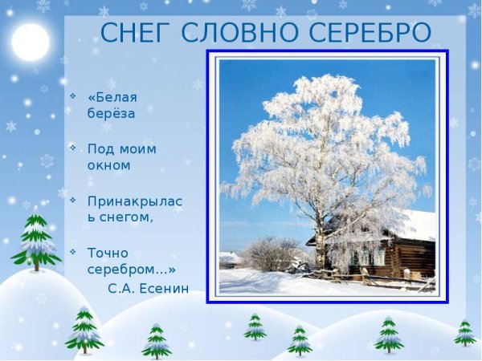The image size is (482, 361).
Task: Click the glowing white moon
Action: tap(31, 42)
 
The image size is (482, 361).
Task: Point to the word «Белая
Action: tap(112, 97)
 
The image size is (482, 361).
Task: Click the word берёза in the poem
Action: tap(111, 113)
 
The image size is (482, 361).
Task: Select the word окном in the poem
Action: tap(108, 165)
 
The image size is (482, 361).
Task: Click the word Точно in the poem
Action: tap(108, 253)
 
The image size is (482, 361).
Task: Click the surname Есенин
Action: tap(165, 288)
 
